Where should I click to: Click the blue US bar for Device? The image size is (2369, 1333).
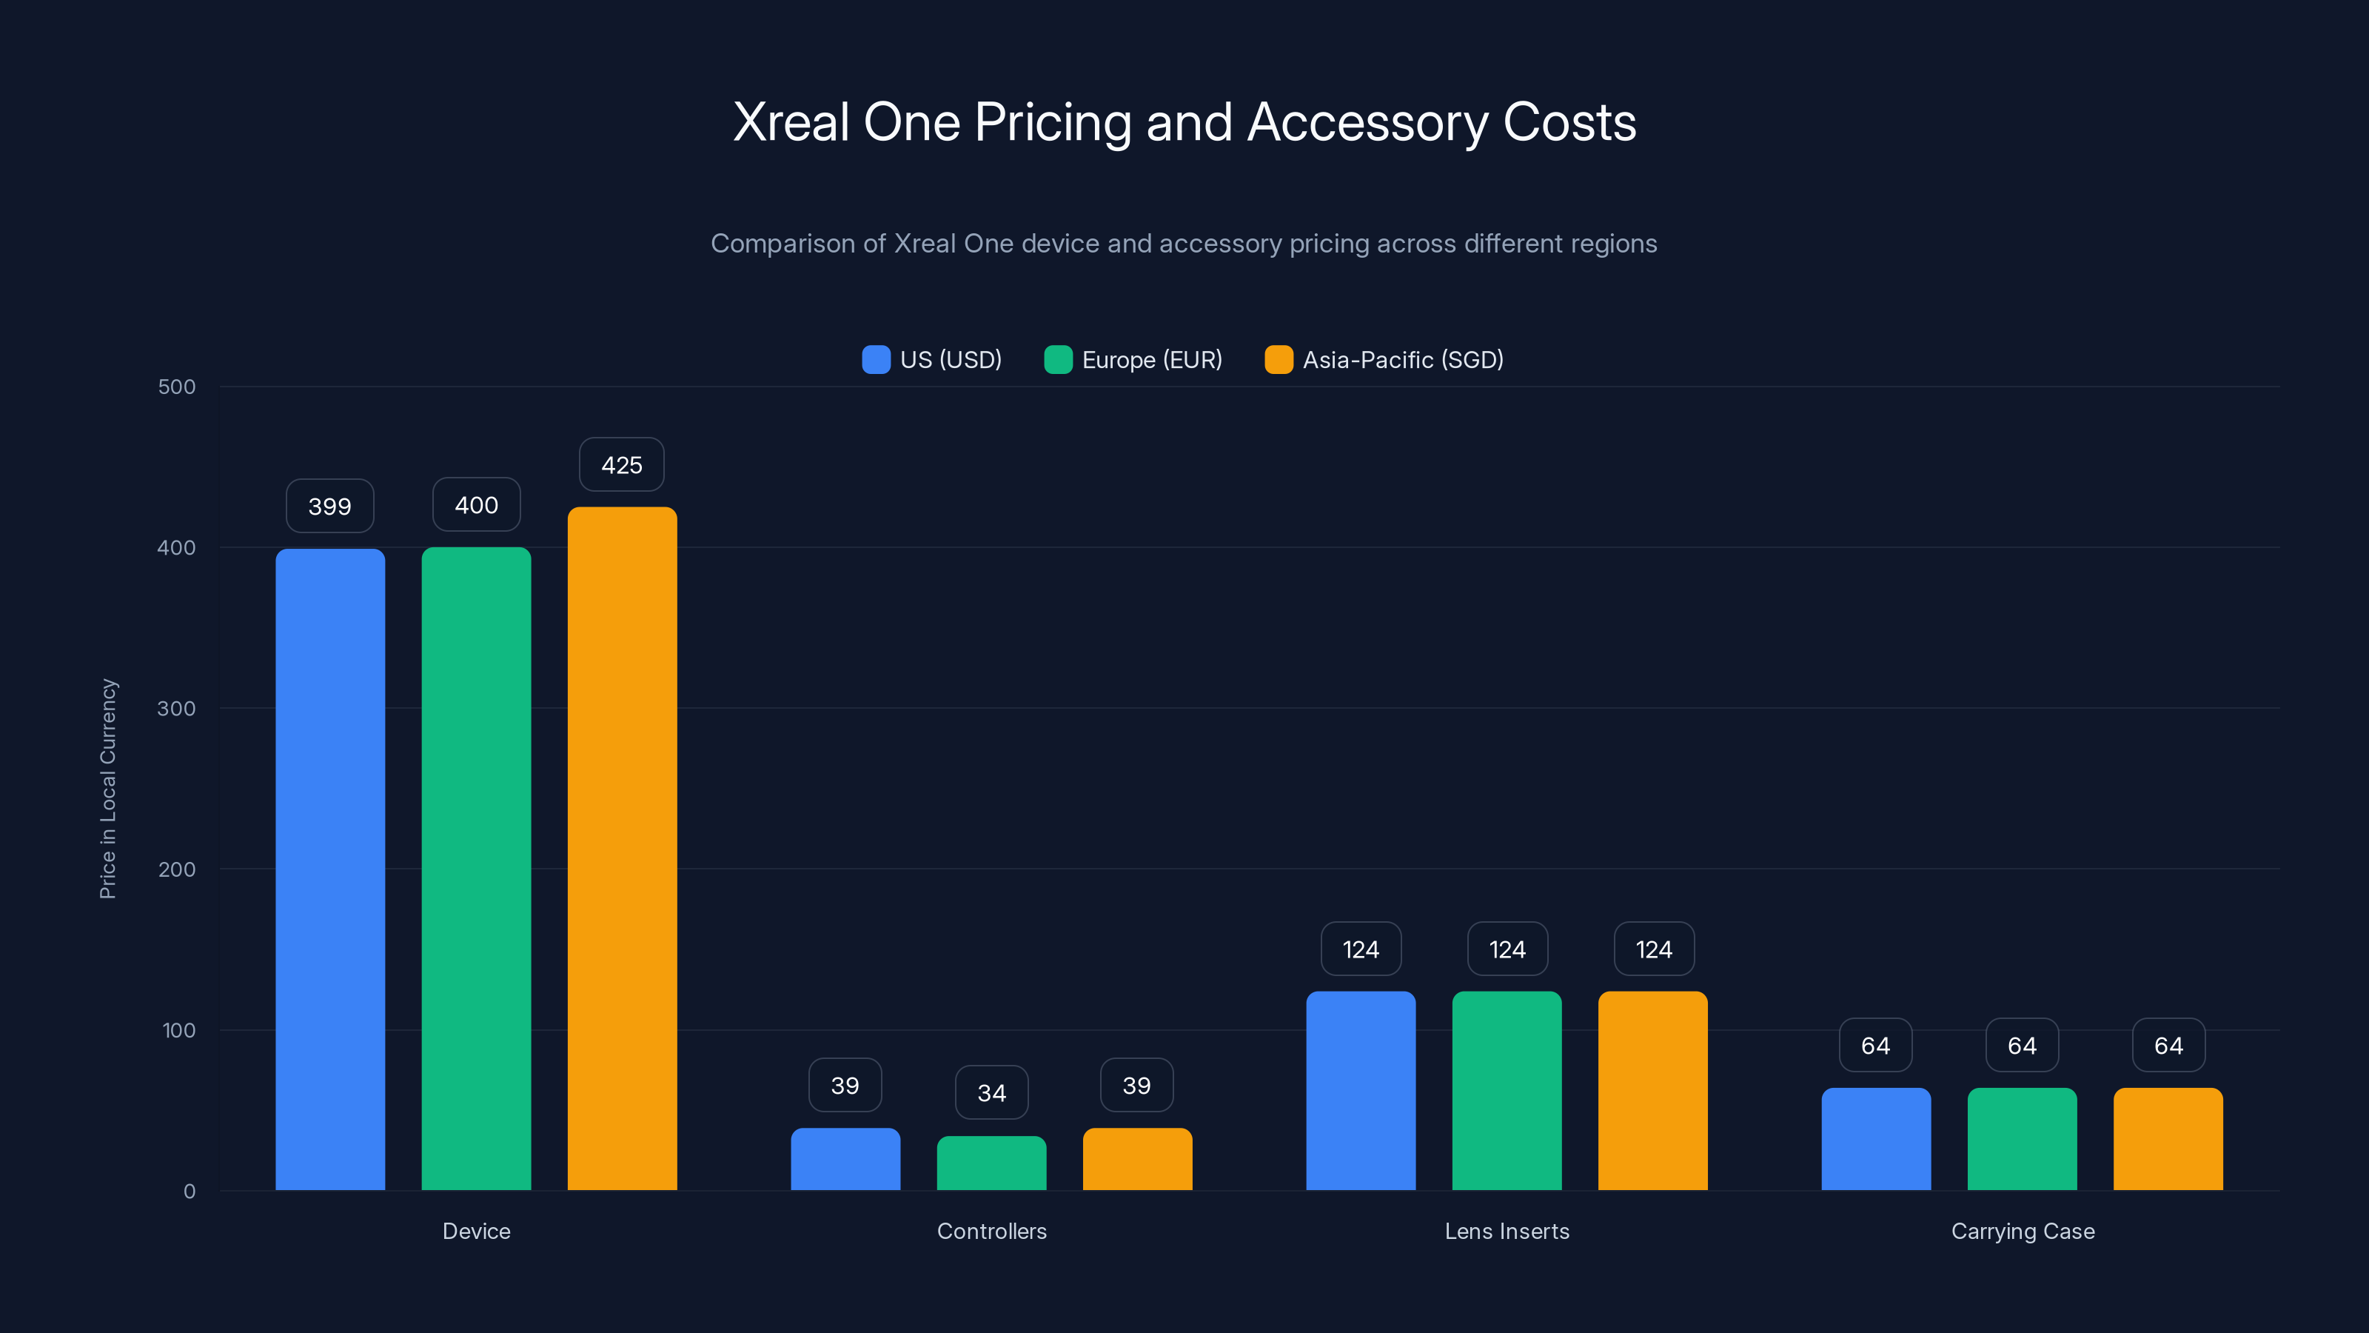click(x=330, y=869)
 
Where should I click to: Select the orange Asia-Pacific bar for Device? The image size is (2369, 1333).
click(x=622, y=848)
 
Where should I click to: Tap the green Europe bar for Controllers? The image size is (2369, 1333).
click(x=991, y=1163)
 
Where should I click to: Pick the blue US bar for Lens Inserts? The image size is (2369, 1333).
click(x=1360, y=1090)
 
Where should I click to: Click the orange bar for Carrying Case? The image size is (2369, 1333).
click(x=2168, y=1139)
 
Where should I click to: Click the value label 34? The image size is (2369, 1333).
click(x=991, y=1092)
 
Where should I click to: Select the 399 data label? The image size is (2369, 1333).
click(x=330, y=506)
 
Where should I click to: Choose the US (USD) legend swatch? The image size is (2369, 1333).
click(x=876, y=360)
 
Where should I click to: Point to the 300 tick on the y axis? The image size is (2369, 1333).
click(x=177, y=709)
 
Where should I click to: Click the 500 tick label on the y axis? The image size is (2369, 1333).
click(x=177, y=387)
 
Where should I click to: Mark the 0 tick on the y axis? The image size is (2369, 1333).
click(x=190, y=1192)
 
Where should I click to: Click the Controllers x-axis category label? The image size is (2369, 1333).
click(x=991, y=1231)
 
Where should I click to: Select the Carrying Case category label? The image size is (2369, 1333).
click(x=2023, y=1231)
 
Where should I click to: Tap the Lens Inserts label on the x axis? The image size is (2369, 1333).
click(x=1507, y=1231)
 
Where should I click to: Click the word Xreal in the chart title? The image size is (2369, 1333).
click(x=791, y=122)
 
